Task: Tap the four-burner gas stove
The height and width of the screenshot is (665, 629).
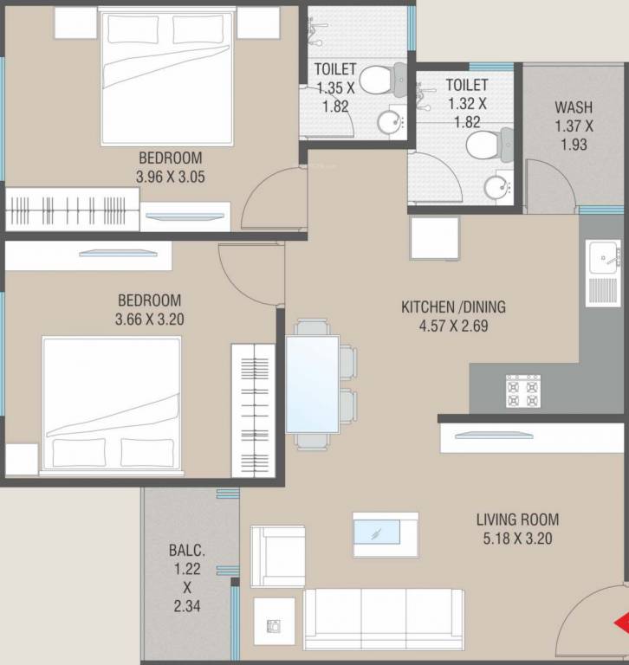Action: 522,392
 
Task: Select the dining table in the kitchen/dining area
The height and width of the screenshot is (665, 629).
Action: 312,384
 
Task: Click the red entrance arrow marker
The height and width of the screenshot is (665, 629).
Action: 621,623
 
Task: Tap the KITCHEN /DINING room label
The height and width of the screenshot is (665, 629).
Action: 453,307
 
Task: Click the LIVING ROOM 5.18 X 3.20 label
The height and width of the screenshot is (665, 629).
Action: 517,528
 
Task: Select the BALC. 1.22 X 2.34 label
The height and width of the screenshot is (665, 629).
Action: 187,578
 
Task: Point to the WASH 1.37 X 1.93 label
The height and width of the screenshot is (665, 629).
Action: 574,126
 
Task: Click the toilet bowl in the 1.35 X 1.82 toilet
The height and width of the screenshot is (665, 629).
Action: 374,81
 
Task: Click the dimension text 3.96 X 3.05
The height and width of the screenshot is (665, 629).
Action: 170,176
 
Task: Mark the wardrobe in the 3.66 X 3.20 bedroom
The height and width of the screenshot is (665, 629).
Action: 252,410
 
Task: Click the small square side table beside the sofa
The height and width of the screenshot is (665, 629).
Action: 274,620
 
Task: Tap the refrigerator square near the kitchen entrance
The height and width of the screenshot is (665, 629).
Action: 434,238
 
